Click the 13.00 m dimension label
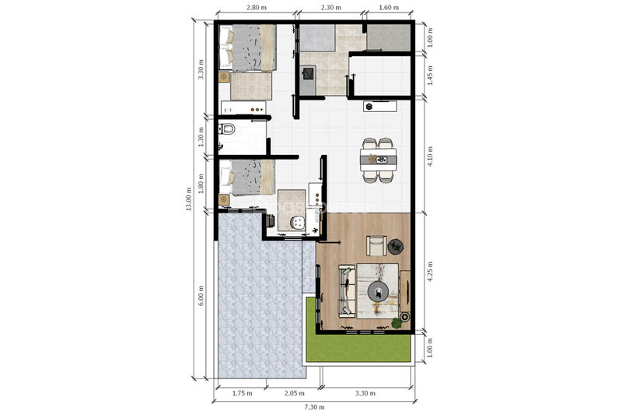click(189, 199)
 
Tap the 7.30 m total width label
click(314, 406)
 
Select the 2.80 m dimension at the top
click(257, 7)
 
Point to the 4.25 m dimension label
click(431, 272)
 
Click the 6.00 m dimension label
click(201, 295)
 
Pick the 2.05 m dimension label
click(295, 393)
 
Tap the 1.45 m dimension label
click(431, 76)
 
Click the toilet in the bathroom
click(227, 128)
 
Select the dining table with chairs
click(378, 160)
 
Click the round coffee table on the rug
click(379, 292)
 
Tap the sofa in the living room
click(347, 291)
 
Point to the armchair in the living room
click(376, 246)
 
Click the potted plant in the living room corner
click(396, 323)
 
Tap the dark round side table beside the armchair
click(396, 246)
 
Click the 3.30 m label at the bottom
click(365, 393)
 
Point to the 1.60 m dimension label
click(389, 7)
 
